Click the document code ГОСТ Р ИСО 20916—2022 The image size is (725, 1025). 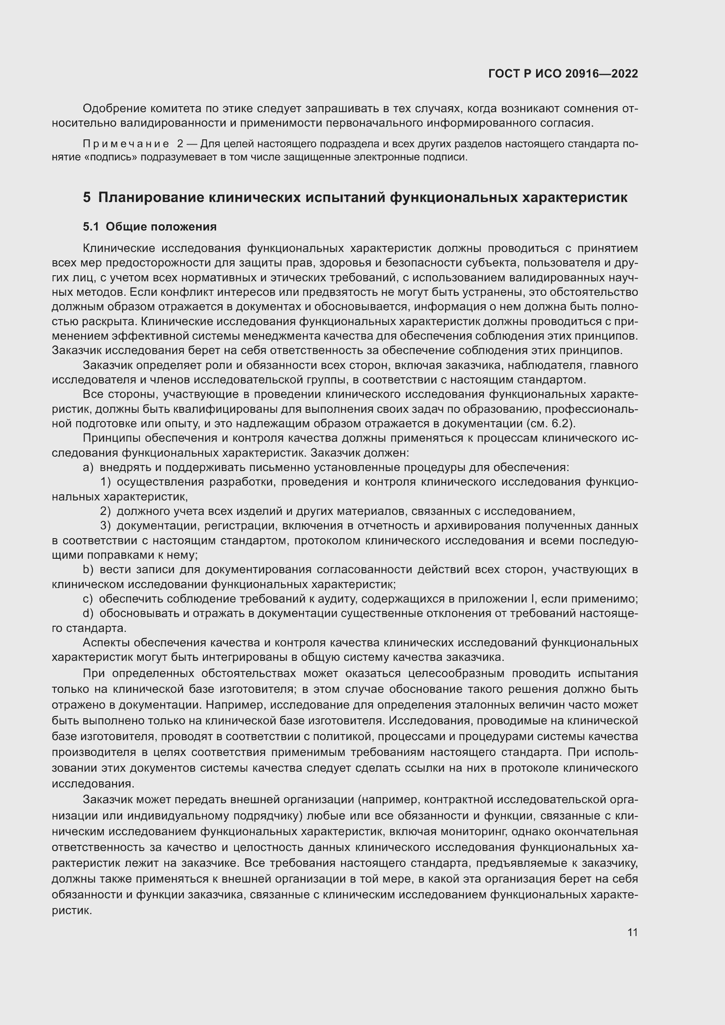563,74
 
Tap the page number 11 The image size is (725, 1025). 632,932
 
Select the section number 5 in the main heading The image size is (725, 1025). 87,197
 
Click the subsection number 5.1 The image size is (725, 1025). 90,227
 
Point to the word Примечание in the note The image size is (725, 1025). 126,144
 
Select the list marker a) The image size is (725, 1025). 88,468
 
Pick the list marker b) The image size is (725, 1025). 88,570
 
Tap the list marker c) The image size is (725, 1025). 88,599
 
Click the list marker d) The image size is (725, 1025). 88,614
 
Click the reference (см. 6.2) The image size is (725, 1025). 551,423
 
